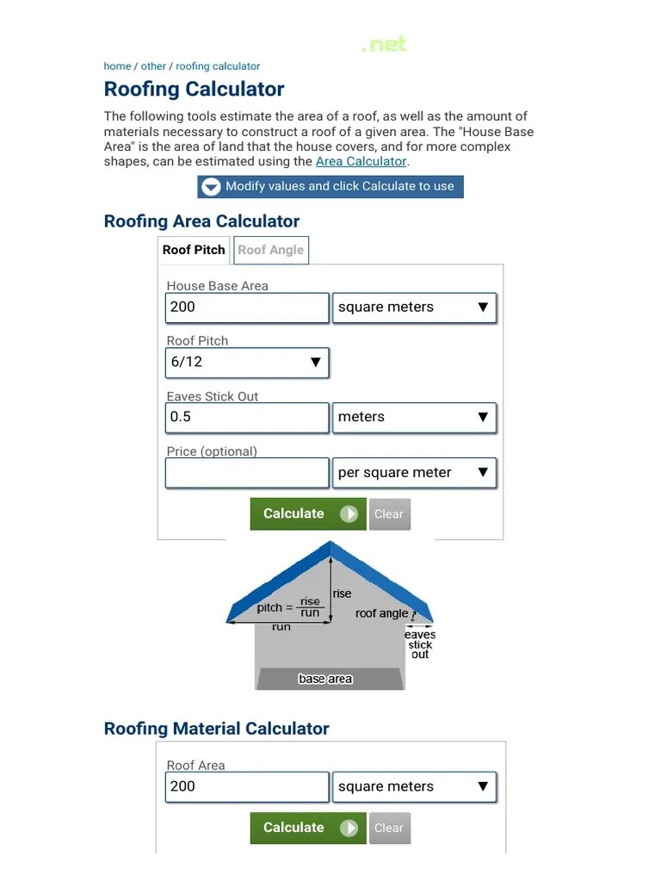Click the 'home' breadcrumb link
coord(117,66)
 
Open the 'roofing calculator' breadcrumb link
coord(218,66)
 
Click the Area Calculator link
coord(361,161)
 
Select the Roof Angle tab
coord(270,250)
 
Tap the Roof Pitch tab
coord(194,250)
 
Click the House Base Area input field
coord(246,307)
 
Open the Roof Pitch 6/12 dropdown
coord(246,363)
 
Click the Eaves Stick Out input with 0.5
coord(246,418)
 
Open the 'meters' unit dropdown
coord(414,418)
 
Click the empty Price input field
coord(246,473)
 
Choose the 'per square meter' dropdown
coord(414,473)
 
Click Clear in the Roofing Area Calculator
coord(389,514)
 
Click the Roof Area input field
coord(246,786)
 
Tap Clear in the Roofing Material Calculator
coord(389,829)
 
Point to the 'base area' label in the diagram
coord(325,679)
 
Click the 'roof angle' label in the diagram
coord(381,614)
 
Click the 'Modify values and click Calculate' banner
coord(330,187)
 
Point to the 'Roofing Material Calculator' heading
coord(216,729)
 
